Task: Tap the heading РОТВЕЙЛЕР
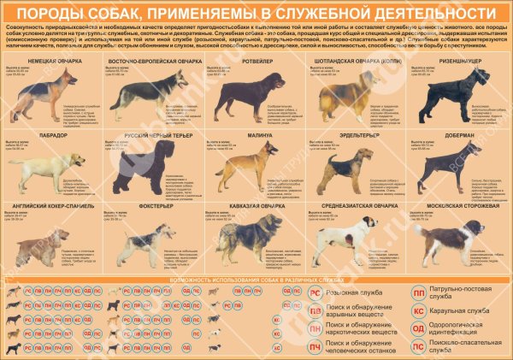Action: tap(255, 62)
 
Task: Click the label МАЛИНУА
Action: tap(255, 134)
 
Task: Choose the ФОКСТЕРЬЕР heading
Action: tap(153, 206)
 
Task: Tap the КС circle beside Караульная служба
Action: tap(419, 310)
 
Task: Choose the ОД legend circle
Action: tap(419, 328)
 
